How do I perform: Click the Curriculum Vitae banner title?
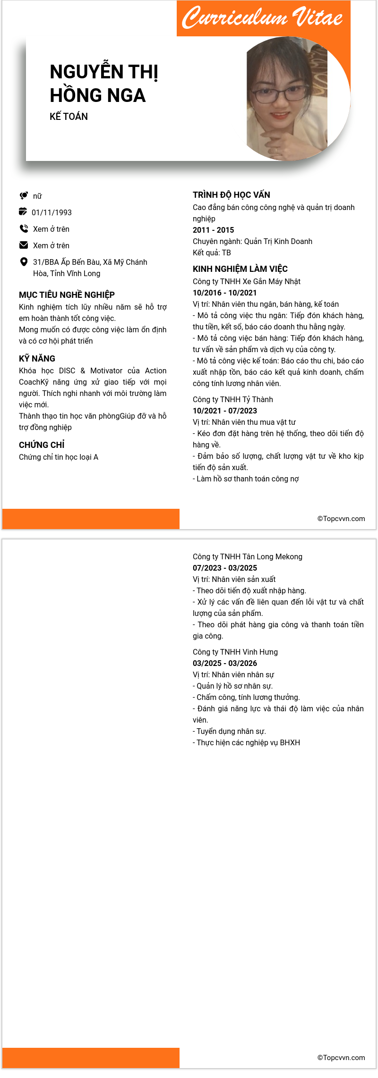coord(263,18)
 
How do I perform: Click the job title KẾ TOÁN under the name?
coord(69,117)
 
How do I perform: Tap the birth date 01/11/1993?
coord(52,212)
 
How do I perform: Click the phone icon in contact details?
coord(24,229)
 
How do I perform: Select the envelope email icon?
coord(24,245)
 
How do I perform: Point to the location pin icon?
coord(24,262)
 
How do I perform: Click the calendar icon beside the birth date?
coord(23,211)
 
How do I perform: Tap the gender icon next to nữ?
coord(24,195)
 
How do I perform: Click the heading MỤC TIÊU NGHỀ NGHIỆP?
coord(67,295)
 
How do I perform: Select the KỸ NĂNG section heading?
coord(37,359)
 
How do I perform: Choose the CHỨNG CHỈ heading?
coord(42,445)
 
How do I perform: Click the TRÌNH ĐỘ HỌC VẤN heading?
coord(232,195)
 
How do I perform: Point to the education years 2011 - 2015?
coord(213,230)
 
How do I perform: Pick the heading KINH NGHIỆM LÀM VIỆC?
coord(240,269)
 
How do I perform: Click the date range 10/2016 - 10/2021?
coord(224,293)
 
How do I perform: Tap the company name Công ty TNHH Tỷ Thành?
coord(232,399)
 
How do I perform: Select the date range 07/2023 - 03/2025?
coord(224,568)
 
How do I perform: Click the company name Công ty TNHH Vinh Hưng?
coord(235,652)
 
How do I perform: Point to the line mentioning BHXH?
coord(246,742)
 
